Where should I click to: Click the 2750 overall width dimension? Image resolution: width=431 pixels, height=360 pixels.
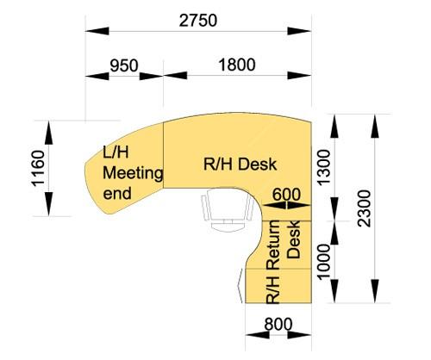click(198, 21)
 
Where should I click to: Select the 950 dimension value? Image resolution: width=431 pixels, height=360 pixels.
click(124, 65)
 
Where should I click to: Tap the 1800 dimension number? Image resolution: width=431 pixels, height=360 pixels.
click(237, 65)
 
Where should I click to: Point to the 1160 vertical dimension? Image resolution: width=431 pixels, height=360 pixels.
click(38, 169)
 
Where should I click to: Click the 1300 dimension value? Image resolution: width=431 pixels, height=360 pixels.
click(324, 167)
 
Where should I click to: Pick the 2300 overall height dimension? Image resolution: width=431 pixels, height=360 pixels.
click(365, 208)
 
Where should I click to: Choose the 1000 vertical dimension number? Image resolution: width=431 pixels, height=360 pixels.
click(324, 261)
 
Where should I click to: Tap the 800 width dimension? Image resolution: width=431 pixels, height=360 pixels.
click(278, 325)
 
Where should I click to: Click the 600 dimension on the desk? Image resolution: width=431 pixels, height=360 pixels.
click(286, 195)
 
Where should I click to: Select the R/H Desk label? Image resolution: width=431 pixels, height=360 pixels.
click(240, 164)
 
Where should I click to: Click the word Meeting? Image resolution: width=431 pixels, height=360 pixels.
click(133, 174)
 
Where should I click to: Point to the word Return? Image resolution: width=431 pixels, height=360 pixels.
click(273, 245)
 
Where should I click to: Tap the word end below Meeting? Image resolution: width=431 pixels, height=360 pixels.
click(117, 193)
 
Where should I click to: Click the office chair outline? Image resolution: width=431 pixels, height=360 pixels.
click(228, 208)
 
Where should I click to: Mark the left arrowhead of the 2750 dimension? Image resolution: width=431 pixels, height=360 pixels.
click(97, 31)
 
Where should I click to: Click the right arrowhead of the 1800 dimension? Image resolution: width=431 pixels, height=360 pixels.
click(299, 76)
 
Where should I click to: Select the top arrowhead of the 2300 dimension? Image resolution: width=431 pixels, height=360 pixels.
click(375, 127)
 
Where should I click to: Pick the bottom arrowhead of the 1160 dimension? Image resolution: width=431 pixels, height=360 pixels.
click(49, 204)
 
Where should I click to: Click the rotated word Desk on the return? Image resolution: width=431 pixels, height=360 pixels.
click(294, 239)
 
